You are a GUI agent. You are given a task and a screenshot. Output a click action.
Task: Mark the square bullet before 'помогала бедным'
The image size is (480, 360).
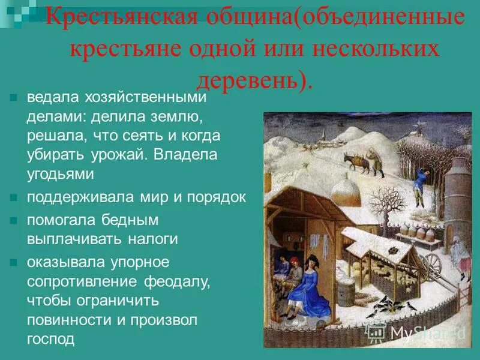(14, 220)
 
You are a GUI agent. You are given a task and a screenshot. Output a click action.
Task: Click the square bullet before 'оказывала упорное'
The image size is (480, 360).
(14, 262)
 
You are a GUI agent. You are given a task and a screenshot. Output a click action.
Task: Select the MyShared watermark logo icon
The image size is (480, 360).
(376, 332)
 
